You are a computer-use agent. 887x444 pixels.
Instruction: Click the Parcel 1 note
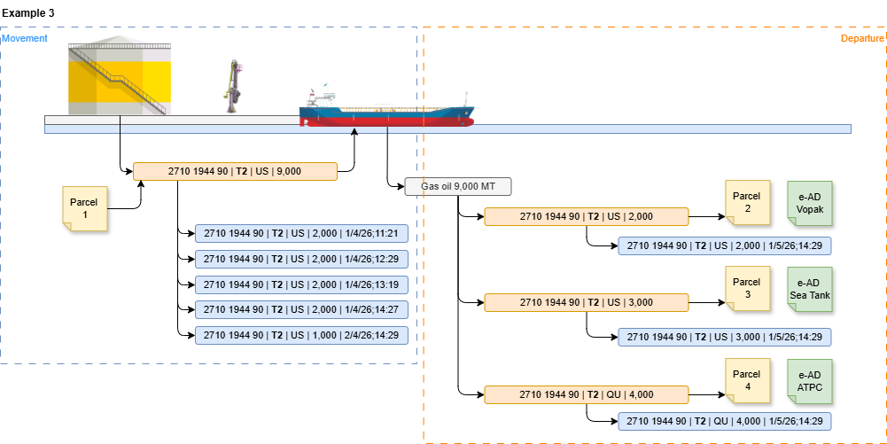coord(84,209)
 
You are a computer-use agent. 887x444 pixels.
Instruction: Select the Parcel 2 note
coord(748,203)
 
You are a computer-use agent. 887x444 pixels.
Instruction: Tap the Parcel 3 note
coord(748,288)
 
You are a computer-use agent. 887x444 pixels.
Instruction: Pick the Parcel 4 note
coord(748,381)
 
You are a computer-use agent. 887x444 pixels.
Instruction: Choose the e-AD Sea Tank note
coord(810,289)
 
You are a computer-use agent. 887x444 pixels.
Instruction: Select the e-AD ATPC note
coord(810,381)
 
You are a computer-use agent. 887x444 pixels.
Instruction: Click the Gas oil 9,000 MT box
coord(458,186)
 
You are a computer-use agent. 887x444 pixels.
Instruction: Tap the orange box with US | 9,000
coord(235,171)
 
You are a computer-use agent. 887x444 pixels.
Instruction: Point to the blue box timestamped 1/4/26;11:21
coord(301,233)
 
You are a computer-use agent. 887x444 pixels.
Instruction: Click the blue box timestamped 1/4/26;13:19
coord(301,284)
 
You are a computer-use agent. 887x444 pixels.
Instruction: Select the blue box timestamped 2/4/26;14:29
coord(301,335)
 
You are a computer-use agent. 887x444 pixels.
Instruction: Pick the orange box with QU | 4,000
coord(587,394)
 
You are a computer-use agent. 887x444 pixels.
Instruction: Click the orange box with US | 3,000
coord(587,302)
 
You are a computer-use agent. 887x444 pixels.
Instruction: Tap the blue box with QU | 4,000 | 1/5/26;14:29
coord(725,421)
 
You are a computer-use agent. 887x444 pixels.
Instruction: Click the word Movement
coord(25,38)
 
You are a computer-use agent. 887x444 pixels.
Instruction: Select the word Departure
coord(861,38)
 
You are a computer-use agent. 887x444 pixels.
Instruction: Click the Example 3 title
coord(28,13)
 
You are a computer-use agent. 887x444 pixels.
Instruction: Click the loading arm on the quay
coord(235,87)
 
